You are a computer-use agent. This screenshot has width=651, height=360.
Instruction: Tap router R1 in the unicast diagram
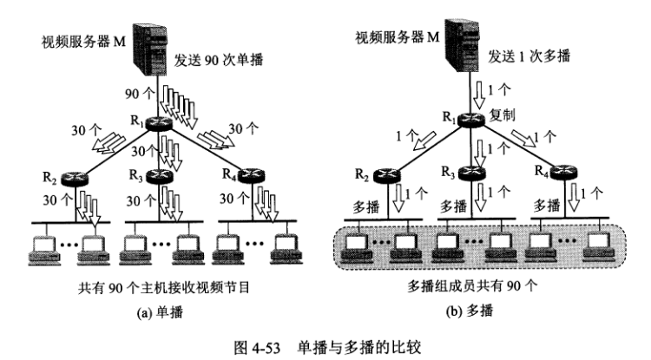(x=161, y=124)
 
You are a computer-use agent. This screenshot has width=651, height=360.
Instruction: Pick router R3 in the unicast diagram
(x=161, y=177)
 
